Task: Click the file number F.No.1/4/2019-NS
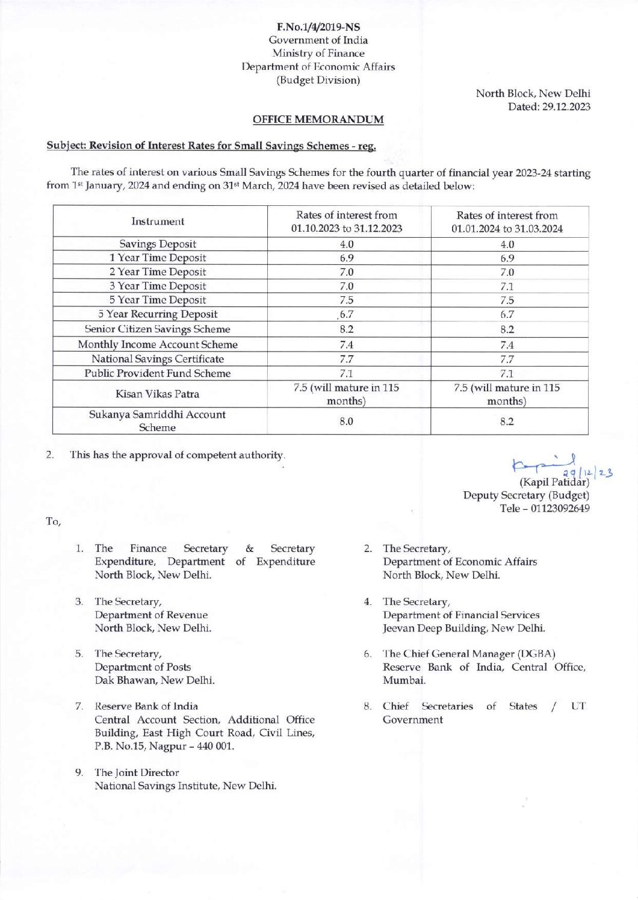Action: pos(318,27)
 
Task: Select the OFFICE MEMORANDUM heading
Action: pos(318,119)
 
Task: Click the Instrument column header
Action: pos(158,222)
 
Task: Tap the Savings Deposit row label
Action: pos(158,244)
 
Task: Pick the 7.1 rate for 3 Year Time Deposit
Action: pos(507,287)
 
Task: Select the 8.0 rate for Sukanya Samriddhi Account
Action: pos(346,421)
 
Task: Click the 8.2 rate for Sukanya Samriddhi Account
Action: pos(507,421)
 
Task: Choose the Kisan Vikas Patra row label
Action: pos(157,394)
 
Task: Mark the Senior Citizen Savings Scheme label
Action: pos(157,329)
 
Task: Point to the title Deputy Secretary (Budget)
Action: pos(526,495)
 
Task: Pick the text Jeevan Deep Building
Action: pos(435,628)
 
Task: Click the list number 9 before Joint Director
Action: pos(79,772)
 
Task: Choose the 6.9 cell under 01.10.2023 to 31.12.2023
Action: pos(346,258)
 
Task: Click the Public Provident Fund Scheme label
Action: pos(157,373)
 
